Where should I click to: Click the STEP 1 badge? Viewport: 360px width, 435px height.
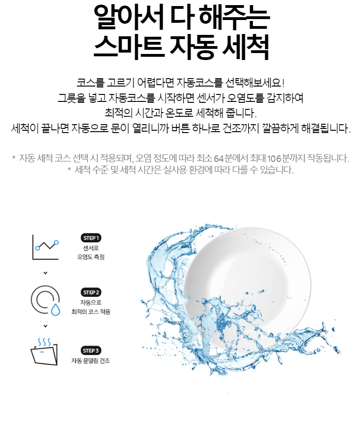(91, 238)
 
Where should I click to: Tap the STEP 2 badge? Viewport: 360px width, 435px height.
(91, 293)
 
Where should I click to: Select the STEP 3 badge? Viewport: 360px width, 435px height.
(91, 351)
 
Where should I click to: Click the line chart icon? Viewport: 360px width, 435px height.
(46, 247)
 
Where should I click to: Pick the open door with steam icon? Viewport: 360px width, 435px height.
(44, 352)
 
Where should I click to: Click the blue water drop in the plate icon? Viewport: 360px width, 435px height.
(55, 309)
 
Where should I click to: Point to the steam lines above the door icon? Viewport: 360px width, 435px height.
(44, 342)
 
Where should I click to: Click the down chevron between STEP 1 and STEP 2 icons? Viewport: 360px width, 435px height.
(46, 273)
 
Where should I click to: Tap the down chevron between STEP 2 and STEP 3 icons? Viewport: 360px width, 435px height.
(46, 326)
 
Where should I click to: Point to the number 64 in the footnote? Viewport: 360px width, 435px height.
(219, 158)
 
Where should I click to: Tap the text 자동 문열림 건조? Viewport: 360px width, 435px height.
(91, 361)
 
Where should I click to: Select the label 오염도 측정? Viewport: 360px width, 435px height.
(91, 257)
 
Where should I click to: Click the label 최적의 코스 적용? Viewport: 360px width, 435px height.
(91, 312)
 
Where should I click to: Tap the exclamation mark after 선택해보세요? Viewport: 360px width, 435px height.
(283, 83)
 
